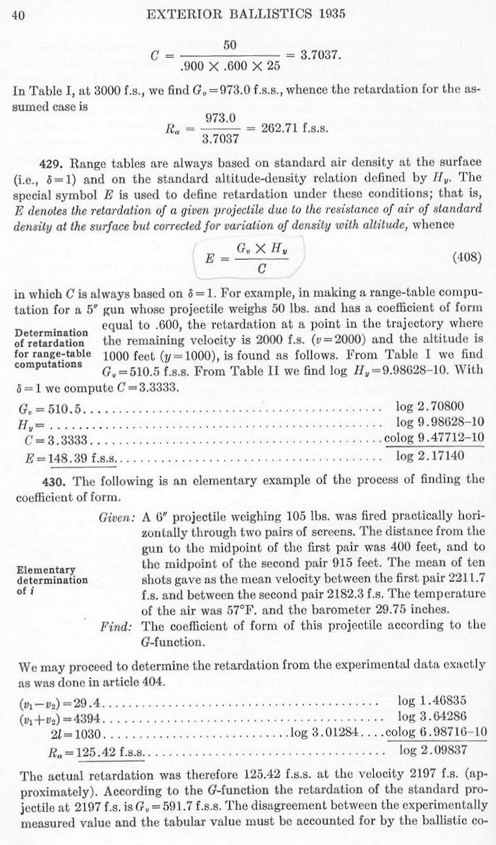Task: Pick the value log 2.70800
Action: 430,408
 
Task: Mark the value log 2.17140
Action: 430,454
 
